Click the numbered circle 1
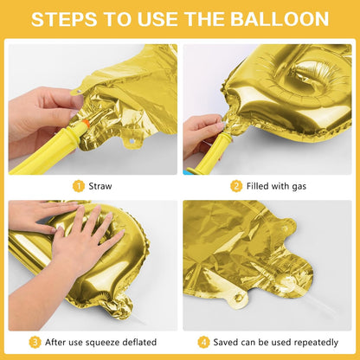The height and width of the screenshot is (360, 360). coord(78,185)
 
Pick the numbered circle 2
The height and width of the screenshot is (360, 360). coord(235,185)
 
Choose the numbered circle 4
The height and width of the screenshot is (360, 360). coord(203,341)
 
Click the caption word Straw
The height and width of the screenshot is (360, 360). coord(100,185)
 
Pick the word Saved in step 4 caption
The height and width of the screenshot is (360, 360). coord(226,341)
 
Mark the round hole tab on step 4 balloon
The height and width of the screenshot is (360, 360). coord(235,299)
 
